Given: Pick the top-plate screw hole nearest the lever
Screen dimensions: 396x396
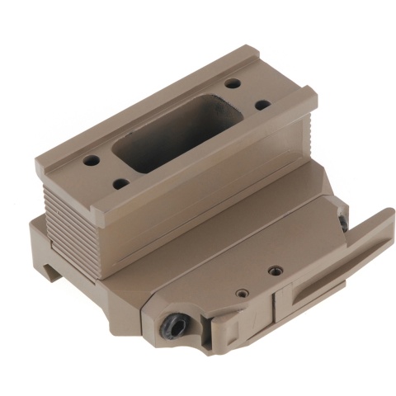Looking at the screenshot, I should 262,106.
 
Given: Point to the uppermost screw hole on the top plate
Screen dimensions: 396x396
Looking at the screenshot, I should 233,83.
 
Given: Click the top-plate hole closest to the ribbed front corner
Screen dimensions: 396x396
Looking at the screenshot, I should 120,182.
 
